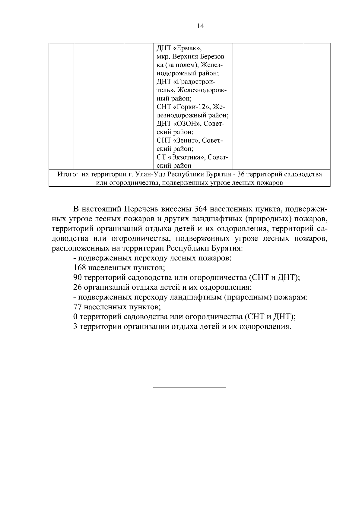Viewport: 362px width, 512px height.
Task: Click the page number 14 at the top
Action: pos(200,26)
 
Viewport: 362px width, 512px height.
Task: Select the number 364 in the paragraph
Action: pos(201,209)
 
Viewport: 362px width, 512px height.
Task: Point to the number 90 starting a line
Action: pos(78,277)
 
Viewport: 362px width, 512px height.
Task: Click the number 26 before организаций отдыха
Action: pos(78,287)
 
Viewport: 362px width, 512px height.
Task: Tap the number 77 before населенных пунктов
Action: pos(78,307)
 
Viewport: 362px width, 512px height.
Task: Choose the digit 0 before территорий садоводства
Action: pos(75,317)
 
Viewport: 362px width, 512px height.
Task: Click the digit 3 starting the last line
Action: pos(75,327)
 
